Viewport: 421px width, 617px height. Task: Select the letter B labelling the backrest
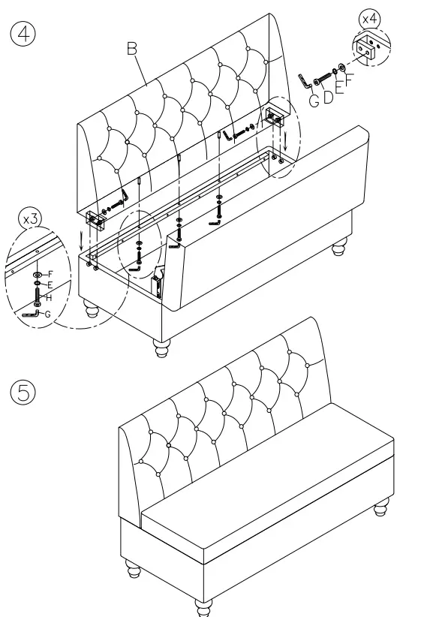tap(131, 49)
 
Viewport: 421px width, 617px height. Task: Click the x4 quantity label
tap(370, 17)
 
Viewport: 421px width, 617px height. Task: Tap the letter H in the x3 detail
tap(49, 298)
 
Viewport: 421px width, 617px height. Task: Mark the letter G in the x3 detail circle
tap(47, 315)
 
